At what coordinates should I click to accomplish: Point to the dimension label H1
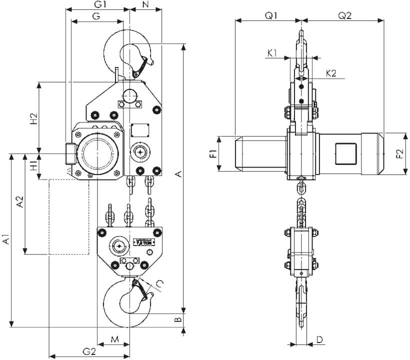(33, 166)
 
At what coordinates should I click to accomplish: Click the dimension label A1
(5, 239)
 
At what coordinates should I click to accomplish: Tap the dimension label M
(114, 339)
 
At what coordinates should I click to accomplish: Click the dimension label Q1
(271, 15)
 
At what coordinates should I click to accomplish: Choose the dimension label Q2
(345, 15)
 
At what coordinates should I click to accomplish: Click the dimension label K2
(330, 73)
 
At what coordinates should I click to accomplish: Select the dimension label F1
(212, 153)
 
